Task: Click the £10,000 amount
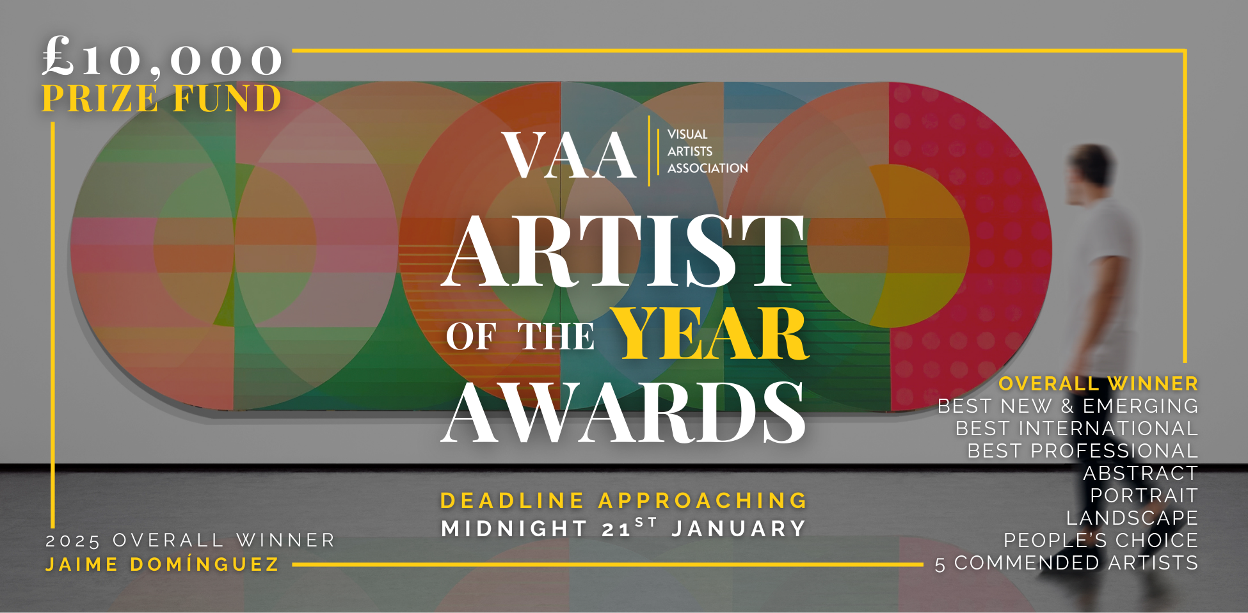tap(163, 58)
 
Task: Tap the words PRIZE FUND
tap(162, 99)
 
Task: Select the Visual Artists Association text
tap(707, 151)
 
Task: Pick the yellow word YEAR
tap(710, 334)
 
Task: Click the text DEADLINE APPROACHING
tap(623, 500)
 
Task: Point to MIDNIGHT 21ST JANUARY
tap(623, 528)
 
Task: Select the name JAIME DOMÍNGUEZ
tap(163, 564)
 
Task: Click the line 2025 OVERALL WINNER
tap(190, 541)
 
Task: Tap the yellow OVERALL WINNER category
tap(1098, 383)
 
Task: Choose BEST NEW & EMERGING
tap(1068, 406)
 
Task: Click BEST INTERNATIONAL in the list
tap(1076, 428)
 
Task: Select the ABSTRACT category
tap(1140, 473)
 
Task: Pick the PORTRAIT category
tap(1144, 495)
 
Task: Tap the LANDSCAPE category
tap(1132, 518)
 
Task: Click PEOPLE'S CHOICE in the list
tap(1101, 540)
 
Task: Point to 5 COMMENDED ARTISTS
tap(1066, 563)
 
